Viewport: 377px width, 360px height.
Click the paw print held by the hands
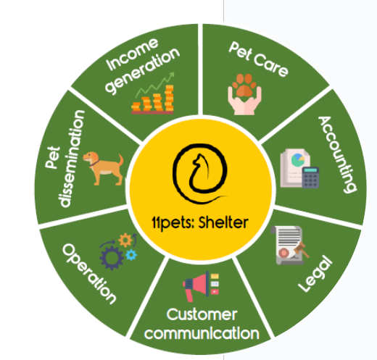(244, 85)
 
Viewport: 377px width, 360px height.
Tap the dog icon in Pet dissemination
(103, 169)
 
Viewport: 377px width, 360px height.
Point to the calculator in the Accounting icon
(310, 177)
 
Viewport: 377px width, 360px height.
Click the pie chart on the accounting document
(298, 160)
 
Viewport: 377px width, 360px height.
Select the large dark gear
(112, 258)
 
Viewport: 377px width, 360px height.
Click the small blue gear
(131, 254)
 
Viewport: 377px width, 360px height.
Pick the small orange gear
(125, 240)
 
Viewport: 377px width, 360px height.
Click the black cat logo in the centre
(200, 173)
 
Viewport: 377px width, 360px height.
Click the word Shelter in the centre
(223, 222)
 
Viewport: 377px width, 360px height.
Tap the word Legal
(315, 273)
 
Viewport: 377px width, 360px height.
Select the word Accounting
(338, 154)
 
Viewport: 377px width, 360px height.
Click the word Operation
(89, 274)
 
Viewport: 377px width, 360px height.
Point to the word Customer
(202, 314)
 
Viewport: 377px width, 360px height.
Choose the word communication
(202, 333)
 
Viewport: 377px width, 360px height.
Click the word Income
(132, 54)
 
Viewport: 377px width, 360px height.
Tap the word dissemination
(71, 159)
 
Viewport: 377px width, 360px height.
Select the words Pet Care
(258, 59)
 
